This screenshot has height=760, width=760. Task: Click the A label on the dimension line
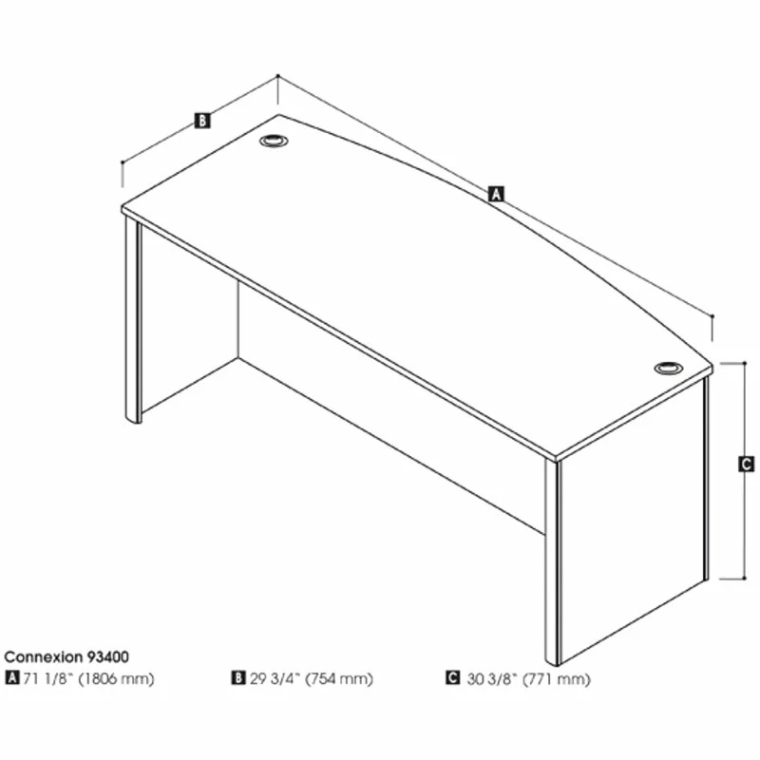click(496, 194)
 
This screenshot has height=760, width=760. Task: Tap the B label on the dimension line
click(202, 121)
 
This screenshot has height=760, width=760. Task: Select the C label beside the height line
click(746, 465)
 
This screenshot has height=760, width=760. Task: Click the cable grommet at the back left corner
click(274, 141)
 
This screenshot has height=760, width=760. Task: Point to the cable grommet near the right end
click(669, 369)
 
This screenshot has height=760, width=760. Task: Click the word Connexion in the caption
click(44, 656)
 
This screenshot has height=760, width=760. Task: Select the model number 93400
click(108, 656)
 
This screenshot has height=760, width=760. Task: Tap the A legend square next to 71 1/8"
click(11, 677)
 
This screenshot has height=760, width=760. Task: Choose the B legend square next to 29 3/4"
click(238, 677)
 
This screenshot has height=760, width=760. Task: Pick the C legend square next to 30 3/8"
click(452, 677)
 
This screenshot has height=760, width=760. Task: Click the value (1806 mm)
click(116, 678)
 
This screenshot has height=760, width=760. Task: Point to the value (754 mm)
click(339, 678)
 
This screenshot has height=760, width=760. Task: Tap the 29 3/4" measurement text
click(275, 678)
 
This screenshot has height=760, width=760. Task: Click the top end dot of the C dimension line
click(745, 363)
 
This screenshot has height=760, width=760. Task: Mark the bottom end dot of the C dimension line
click(745, 578)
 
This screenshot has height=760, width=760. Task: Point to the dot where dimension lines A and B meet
click(277, 76)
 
